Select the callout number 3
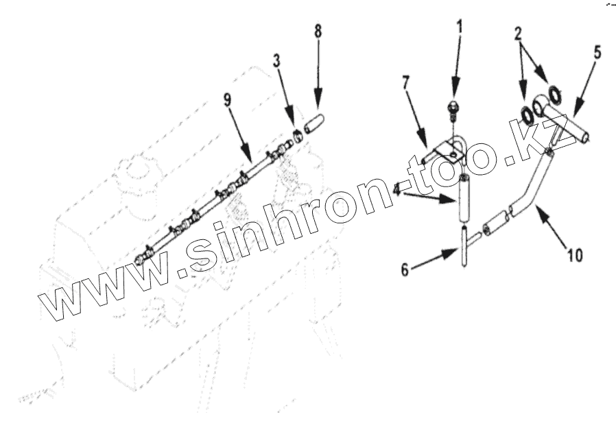click(276, 60)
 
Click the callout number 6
click(405, 270)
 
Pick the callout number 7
click(405, 82)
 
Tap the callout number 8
click(317, 31)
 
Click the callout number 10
click(575, 255)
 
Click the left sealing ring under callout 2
click(529, 113)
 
